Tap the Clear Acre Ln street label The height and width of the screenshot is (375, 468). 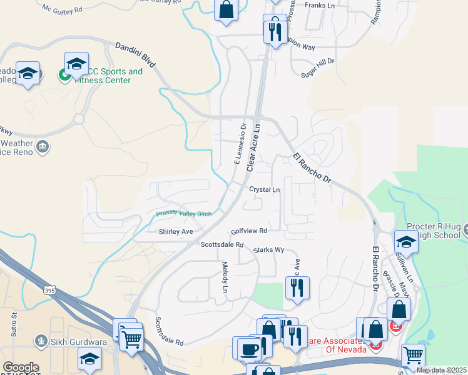253,147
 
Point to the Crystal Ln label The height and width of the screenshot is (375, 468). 264,189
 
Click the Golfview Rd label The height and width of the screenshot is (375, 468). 249,231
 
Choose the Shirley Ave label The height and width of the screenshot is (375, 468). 176,231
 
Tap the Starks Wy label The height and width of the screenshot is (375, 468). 269,250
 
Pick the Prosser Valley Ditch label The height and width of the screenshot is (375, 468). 184,214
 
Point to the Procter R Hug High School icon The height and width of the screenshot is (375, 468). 407,242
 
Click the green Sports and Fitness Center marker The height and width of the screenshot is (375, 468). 64,76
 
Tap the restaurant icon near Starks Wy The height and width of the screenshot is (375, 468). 296,287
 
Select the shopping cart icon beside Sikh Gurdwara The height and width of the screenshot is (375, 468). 131,339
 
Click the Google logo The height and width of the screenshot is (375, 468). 21,367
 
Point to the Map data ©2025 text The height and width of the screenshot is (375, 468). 441,370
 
